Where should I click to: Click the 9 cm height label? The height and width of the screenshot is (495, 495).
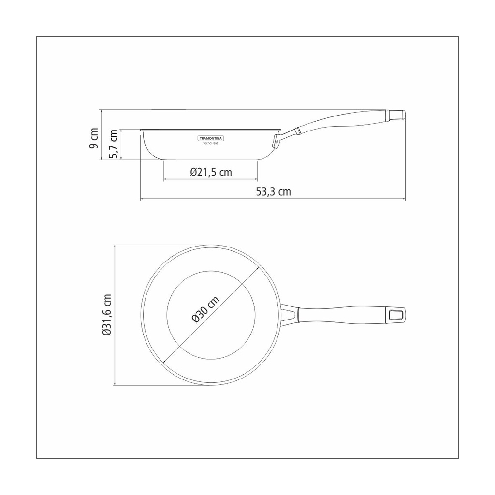tap(93, 138)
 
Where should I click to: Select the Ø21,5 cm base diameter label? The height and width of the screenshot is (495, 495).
tap(211, 172)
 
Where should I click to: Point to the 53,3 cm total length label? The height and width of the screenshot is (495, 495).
tap(273, 191)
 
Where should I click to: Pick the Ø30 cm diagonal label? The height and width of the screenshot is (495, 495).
tap(205, 309)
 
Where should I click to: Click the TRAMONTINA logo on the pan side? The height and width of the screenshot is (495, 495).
tap(211, 138)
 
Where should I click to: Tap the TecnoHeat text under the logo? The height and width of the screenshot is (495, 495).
tap(211, 143)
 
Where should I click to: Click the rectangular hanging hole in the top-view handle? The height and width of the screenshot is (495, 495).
tap(396, 315)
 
